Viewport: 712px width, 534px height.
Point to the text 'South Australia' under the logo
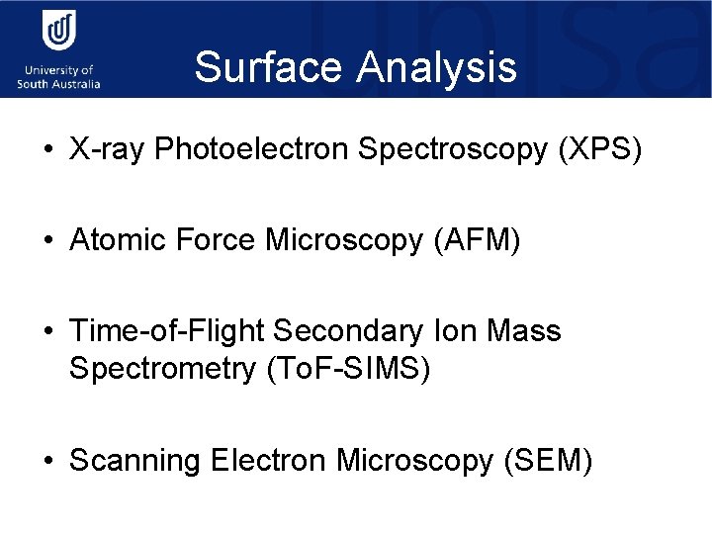pyautogui.click(x=58, y=84)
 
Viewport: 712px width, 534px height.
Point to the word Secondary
pyautogui.click(x=345, y=330)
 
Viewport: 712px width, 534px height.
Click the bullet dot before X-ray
pyautogui.click(x=46, y=150)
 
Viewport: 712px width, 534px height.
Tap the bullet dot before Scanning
pyautogui.click(x=46, y=461)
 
